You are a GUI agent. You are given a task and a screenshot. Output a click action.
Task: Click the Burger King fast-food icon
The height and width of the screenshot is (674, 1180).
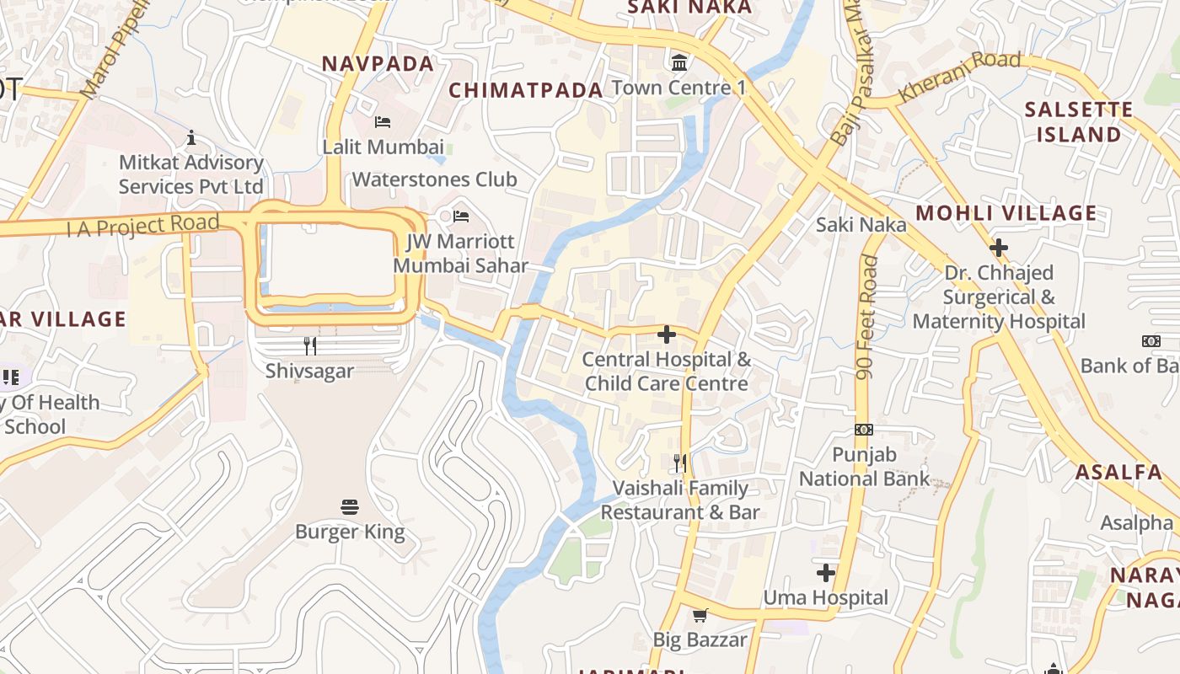pyautogui.click(x=350, y=506)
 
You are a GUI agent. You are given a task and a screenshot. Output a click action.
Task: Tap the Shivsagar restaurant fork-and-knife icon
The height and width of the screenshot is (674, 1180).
pyautogui.click(x=310, y=345)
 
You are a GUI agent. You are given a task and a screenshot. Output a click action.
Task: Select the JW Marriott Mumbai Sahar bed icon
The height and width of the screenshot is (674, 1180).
pyautogui.click(x=461, y=217)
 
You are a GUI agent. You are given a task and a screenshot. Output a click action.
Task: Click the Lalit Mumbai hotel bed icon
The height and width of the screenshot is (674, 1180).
pyautogui.click(x=383, y=122)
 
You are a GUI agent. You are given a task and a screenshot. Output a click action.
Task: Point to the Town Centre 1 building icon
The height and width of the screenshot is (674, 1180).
pyautogui.click(x=678, y=62)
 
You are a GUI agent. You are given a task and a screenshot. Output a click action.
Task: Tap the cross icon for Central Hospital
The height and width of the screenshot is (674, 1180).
pyautogui.click(x=667, y=334)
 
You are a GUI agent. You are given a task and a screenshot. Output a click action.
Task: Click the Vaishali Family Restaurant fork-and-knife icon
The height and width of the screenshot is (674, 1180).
pyautogui.click(x=680, y=463)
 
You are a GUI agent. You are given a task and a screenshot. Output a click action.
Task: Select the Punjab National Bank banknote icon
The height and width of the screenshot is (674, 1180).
pyautogui.click(x=864, y=430)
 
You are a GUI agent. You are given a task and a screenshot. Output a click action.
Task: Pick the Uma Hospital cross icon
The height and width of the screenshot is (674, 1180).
pyautogui.click(x=826, y=573)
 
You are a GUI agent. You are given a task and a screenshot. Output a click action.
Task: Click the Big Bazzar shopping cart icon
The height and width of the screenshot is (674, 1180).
pyautogui.click(x=700, y=615)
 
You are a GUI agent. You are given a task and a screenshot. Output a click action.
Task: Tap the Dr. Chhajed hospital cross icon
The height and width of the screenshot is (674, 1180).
pyautogui.click(x=999, y=248)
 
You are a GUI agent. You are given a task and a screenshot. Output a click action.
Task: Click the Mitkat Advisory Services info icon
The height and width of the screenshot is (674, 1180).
pyautogui.click(x=191, y=137)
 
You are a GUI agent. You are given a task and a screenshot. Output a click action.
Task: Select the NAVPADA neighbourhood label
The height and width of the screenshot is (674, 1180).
pyautogui.click(x=378, y=64)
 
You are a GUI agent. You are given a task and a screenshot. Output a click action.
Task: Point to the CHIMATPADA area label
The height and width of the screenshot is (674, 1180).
pyautogui.click(x=526, y=90)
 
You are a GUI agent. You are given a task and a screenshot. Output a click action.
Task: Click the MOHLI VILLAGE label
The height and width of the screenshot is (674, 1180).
pyautogui.click(x=1006, y=213)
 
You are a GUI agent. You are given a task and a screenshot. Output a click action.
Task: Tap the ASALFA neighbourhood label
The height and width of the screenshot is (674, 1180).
pyautogui.click(x=1118, y=472)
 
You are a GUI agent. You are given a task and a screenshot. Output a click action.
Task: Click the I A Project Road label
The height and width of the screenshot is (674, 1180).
pyautogui.click(x=144, y=226)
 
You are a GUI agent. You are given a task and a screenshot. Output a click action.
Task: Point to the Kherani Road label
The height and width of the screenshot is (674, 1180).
pyautogui.click(x=959, y=77)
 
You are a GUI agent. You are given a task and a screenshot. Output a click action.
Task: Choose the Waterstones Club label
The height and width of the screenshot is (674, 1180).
pyautogui.click(x=434, y=179)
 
